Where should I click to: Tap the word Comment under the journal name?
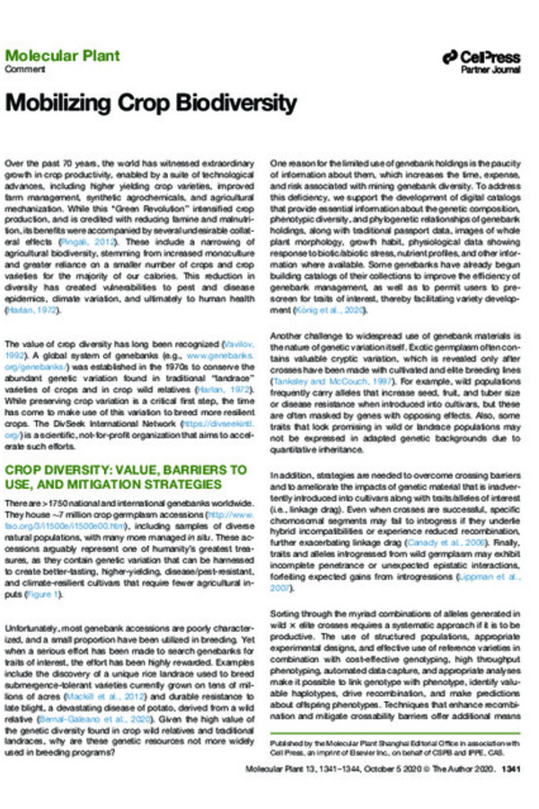pyautogui.click(x=22, y=69)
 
